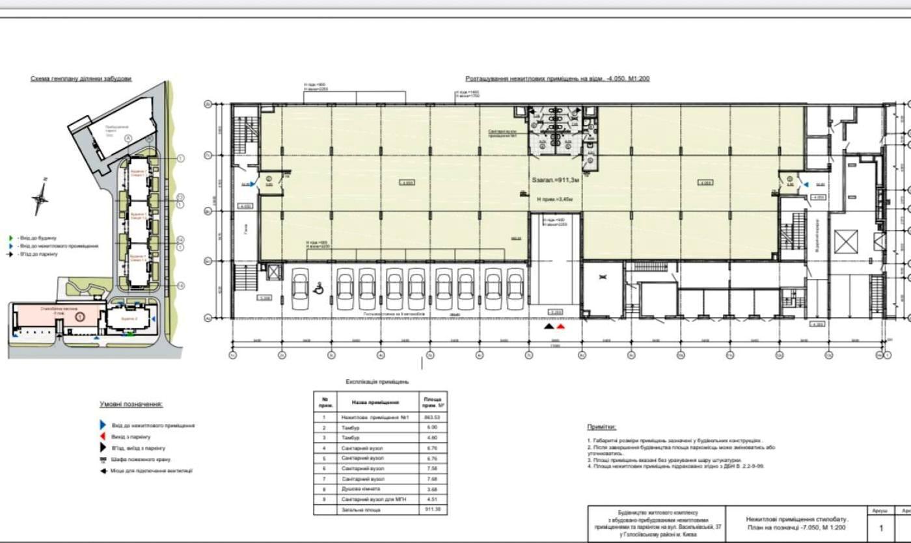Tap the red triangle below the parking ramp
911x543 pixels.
[560, 326]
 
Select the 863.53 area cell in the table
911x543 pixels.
[432, 417]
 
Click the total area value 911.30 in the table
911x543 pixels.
[432, 509]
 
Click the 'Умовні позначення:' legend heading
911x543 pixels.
[131, 404]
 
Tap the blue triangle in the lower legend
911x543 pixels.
[102, 425]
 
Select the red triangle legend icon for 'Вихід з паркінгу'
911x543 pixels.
[102, 436]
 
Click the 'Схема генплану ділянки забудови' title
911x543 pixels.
[81, 79]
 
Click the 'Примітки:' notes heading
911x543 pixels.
[601, 427]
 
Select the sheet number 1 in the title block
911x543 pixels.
[881, 528]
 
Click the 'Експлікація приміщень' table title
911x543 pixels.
[377, 382]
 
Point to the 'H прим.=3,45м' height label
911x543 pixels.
[554, 199]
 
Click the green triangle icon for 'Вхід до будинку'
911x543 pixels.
[11, 238]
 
